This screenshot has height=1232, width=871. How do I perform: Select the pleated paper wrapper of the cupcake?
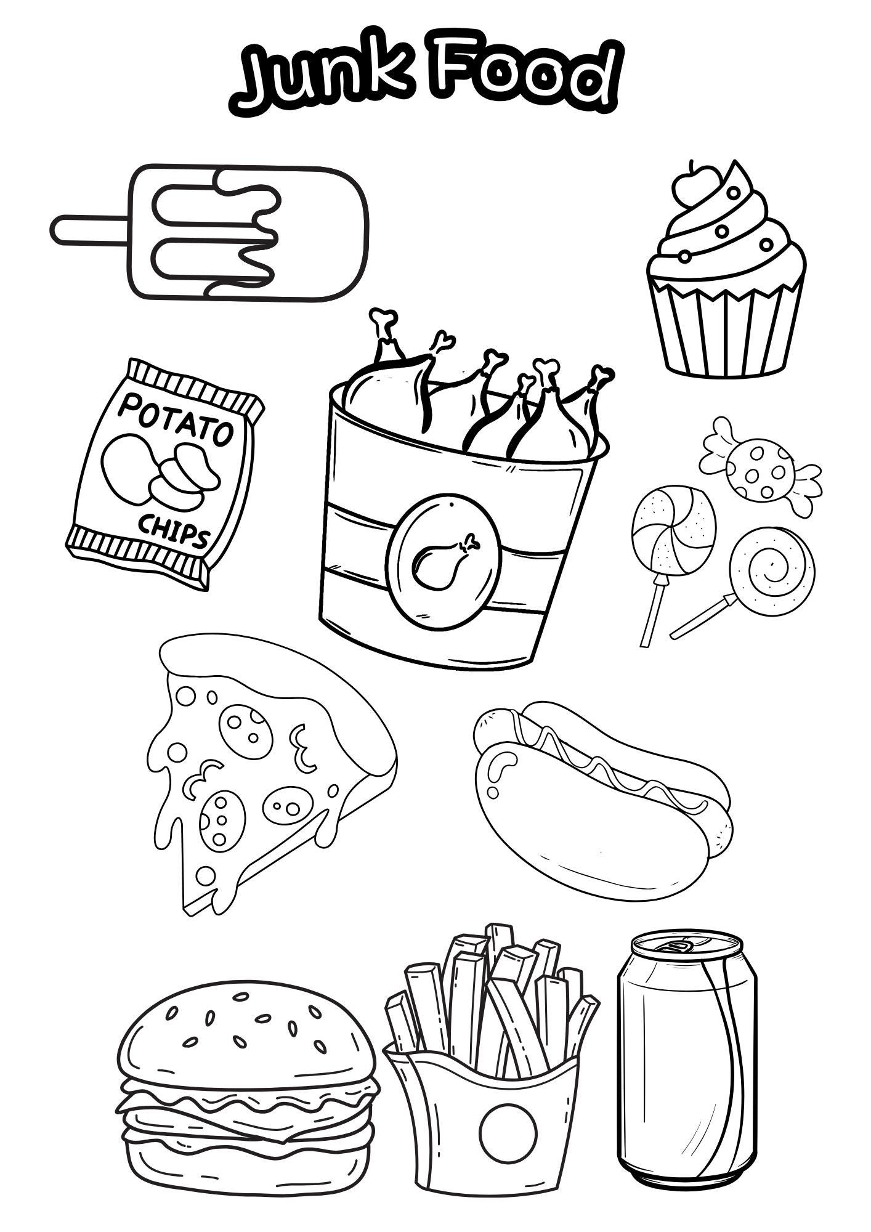click(x=726, y=333)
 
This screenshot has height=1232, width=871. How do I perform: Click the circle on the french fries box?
click(x=508, y=1132)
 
